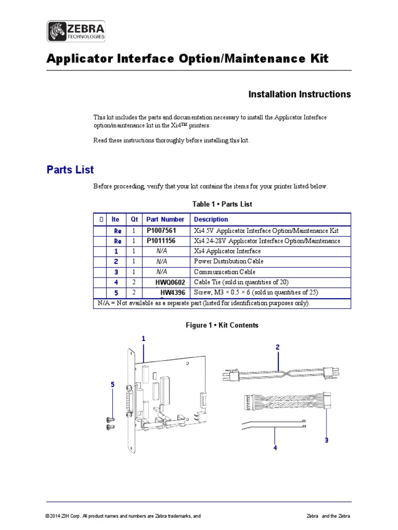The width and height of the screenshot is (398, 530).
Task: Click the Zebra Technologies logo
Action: (x=77, y=32)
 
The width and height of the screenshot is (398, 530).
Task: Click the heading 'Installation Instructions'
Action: (x=300, y=94)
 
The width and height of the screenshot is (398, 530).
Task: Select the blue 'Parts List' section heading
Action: (x=70, y=170)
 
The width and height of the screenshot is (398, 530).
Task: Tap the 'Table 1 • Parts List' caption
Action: (x=222, y=204)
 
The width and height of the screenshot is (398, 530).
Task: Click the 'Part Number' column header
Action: (x=165, y=219)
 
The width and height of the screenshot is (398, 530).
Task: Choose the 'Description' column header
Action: (x=211, y=219)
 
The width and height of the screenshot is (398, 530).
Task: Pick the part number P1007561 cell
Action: (x=165, y=230)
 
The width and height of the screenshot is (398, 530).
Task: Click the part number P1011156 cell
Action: (x=165, y=241)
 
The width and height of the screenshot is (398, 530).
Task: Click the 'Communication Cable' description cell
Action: (x=224, y=272)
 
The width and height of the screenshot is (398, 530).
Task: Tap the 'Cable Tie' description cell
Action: (x=240, y=282)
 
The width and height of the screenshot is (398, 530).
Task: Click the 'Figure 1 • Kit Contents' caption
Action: (x=222, y=325)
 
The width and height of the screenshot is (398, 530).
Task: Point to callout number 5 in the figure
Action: (x=112, y=385)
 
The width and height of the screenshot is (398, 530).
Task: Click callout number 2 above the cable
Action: (x=278, y=347)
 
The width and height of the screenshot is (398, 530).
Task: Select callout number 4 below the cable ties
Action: (x=275, y=448)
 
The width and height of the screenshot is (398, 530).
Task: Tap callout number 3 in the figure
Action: (x=326, y=440)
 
